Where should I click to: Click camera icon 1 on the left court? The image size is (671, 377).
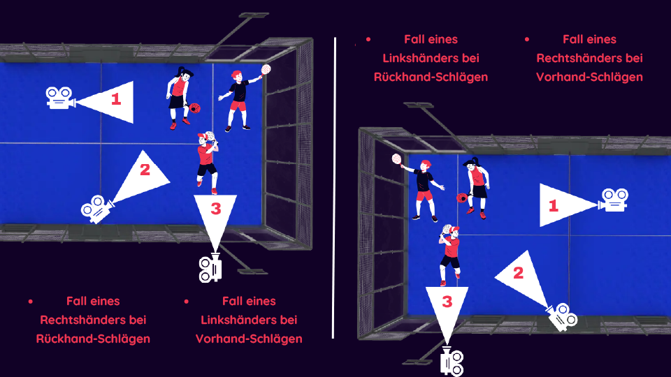click(x=60, y=98)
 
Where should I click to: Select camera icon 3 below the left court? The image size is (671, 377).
click(x=210, y=267)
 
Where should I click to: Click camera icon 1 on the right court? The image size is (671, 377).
click(x=614, y=200)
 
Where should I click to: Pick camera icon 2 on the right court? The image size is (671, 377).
click(x=562, y=317)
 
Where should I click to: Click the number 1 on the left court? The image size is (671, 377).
click(x=116, y=99)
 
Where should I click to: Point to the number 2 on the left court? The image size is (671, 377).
click(x=145, y=170)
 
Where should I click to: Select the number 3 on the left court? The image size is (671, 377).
click(x=216, y=209)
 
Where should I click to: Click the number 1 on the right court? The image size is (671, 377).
click(x=554, y=205)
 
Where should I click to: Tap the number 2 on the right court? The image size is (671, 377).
click(x=518, y=273)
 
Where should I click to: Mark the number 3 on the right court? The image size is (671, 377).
click(x=447, y=302)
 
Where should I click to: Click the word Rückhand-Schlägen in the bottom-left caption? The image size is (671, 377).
click(x=93, y=339)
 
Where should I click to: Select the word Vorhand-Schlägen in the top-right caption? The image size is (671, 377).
click(x=589, y=77)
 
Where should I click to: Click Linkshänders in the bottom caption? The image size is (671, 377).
click(x=249, y=320)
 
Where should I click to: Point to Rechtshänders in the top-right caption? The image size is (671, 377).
click(x=590, y=58)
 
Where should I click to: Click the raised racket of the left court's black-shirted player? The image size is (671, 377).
click(x=266, y=69)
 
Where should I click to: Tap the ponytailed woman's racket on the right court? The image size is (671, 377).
click(x=462, y=198)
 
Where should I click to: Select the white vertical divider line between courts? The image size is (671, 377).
click(x=334, y=188)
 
